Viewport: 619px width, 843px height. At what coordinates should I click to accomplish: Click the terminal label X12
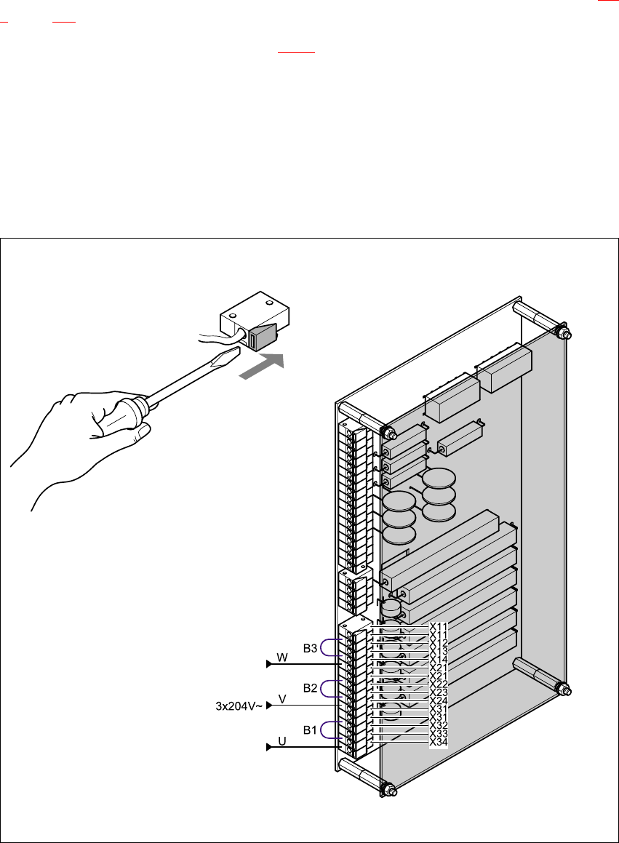coord(439,643)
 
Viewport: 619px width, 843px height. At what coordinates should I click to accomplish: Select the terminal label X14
coord(439,659)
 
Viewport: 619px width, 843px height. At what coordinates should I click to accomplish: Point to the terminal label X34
coord(439,742)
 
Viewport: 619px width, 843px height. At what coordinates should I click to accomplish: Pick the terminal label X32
coord(439,725)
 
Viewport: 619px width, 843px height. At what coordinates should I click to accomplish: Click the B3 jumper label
coord(311,648)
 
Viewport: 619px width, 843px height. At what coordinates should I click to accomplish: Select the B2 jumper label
coord(311,687)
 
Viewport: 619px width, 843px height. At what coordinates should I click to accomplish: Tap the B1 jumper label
coord(311,727)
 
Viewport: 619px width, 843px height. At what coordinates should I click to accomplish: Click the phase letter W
coord(283,658)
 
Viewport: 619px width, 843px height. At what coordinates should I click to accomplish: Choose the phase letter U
coord(282,742)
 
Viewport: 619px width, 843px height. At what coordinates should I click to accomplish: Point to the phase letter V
coord(282,699)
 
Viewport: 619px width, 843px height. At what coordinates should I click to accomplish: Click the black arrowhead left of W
coord(269,663)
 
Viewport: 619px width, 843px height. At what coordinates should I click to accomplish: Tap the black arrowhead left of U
coord(269,747)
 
